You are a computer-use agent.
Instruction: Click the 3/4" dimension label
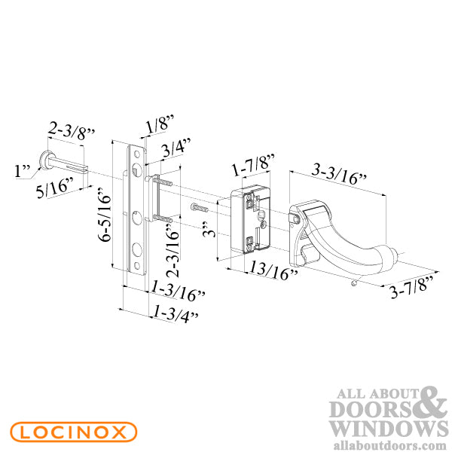tap(177, 148)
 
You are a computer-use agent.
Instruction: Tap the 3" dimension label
tap(212, 226)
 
